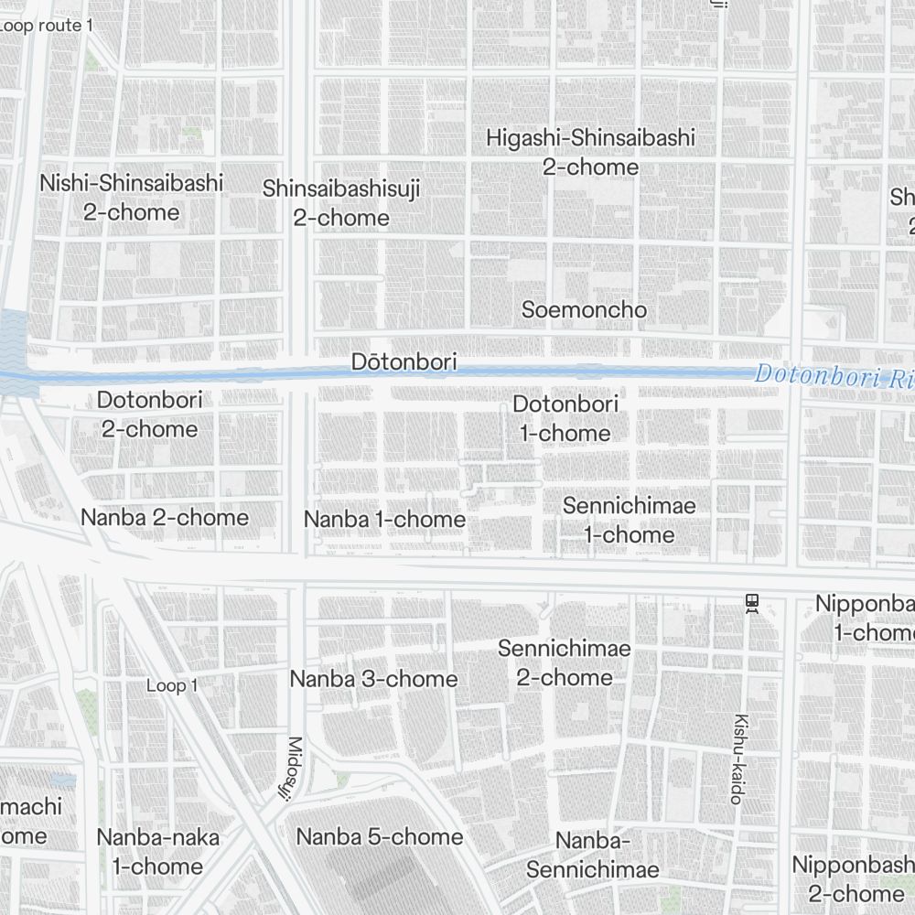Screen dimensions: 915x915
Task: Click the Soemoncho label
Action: click(x=584, y=310)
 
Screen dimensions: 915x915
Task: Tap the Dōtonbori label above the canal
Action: click(x=404, y=362)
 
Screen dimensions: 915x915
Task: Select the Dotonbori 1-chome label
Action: click(x=565, y=418)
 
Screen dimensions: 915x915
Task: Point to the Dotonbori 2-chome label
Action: click(x=149, y=414)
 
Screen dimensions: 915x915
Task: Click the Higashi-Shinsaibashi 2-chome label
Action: click(x=590, y=152)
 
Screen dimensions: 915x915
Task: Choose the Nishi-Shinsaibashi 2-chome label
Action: click(x=131, y=197)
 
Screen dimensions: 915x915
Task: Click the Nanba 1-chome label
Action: click(x=384, y=520)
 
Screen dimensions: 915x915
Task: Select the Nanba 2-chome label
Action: click(x=165, y=518)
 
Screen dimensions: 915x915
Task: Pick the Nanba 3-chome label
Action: click(x=373, y=679)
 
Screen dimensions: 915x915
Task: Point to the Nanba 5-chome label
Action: click(x=380, y=836)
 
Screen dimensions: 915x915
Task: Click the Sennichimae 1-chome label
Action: click(x=630, y=520)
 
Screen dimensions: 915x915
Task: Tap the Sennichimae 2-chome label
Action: click(x=565, y=662)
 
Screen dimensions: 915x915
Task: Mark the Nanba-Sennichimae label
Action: click(x=593, y=856)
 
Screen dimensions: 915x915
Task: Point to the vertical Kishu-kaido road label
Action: click(x=738, y=759)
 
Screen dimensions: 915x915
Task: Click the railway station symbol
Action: click(x=752, y=603)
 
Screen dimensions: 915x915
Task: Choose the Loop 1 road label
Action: click(x=172, y=685)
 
